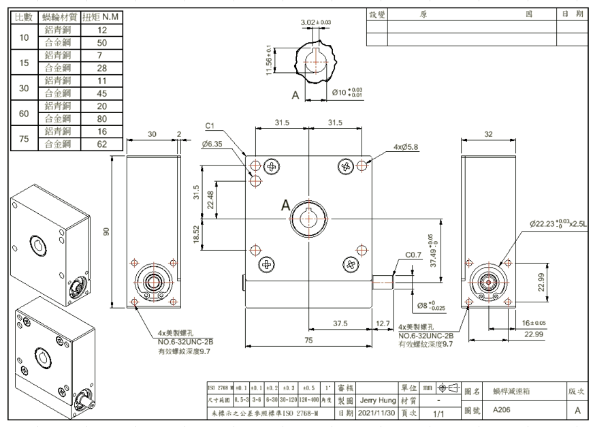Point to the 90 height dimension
(106, 232)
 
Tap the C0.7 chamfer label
(414, 255)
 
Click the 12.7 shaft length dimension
(383, 323)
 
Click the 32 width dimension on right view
(488, 135)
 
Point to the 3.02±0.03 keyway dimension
(316, 23)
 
